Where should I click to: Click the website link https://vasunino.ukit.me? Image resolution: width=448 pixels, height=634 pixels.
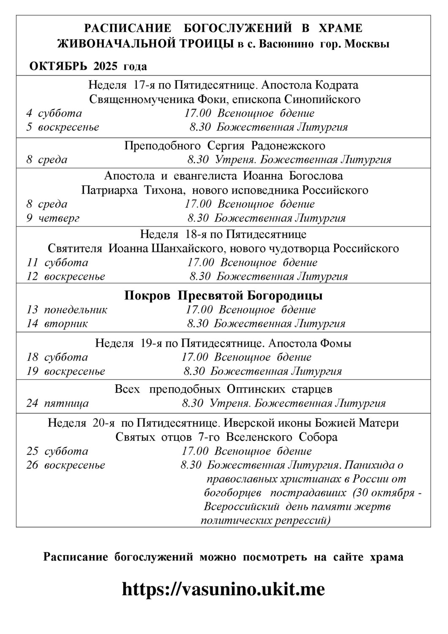click(x=223, y=589)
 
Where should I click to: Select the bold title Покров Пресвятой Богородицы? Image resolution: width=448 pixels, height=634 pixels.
click(x=223, y=295)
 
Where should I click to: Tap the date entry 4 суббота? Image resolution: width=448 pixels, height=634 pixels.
click(x=54, y=113)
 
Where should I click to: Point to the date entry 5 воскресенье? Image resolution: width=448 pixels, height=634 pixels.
click(x=62, y=127)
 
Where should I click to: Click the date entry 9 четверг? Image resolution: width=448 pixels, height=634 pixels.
click(x=53, y=218)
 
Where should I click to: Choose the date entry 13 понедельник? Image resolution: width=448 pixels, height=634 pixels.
click(x=67, y=309)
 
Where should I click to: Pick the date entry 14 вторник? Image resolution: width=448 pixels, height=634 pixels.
click(x=57, y=324)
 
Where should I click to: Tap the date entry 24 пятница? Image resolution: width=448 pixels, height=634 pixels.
click(x=57, y=403)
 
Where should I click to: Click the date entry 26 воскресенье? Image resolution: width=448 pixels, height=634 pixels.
click(x=65, y=465)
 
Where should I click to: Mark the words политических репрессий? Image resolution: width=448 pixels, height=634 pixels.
click(x=265, y=520)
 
